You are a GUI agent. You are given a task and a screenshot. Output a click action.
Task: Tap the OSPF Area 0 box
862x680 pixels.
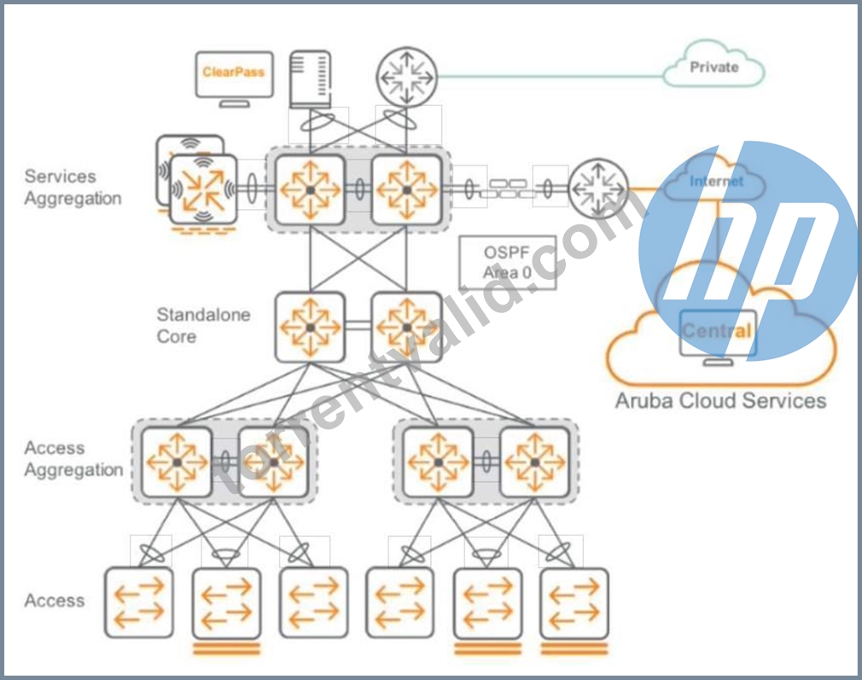(508, 263)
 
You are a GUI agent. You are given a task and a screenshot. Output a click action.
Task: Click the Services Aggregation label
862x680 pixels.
(73, 188)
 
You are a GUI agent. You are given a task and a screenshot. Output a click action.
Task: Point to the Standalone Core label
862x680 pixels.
(203, 325)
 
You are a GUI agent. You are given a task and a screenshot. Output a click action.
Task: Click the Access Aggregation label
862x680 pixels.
(73, 459)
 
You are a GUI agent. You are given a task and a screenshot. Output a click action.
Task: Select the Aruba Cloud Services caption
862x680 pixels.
(720, 401)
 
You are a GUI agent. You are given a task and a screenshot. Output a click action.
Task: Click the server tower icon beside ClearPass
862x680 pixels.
(310, 79)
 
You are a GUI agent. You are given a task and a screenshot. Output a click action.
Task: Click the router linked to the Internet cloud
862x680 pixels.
(598, 189)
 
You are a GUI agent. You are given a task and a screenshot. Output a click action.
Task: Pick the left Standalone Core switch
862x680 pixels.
(310, 328)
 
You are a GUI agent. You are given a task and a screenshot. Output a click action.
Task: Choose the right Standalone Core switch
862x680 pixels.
(407, 328)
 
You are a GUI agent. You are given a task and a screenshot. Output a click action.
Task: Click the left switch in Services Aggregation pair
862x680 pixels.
(310, 189)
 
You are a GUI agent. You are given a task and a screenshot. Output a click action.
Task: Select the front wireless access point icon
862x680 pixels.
(203, 190)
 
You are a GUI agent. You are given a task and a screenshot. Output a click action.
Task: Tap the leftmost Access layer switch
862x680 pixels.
(138, 602)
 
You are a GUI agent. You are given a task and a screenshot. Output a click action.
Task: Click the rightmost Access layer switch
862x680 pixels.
(574, 602)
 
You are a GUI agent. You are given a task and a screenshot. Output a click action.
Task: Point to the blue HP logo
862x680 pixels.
(748, 250)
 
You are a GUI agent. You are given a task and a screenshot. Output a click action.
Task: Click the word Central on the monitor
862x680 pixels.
(717, 330)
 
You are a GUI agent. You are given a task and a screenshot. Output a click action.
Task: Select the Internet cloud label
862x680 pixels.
(716, 181)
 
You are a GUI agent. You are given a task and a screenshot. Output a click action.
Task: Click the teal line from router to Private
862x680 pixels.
(550, 77)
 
